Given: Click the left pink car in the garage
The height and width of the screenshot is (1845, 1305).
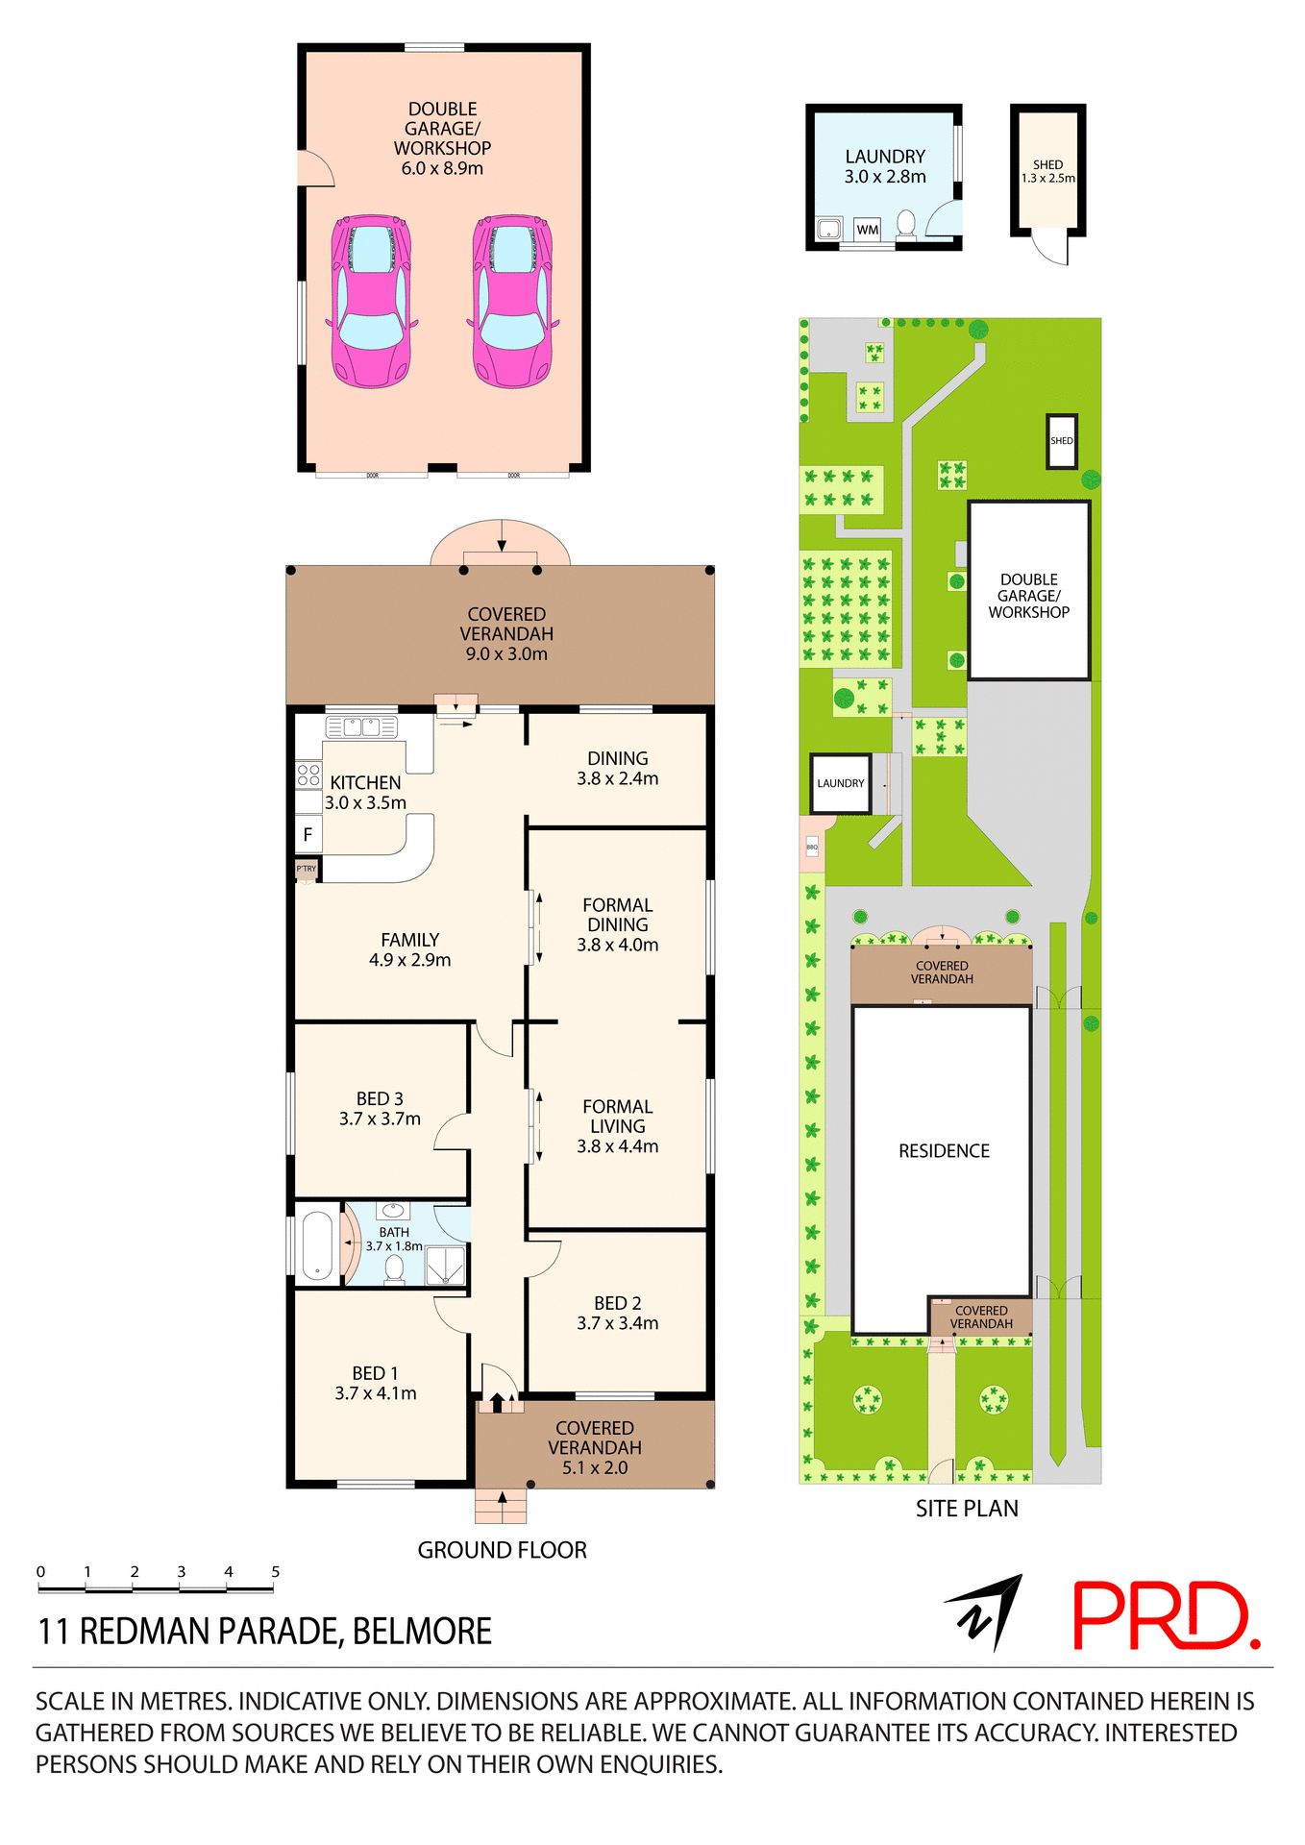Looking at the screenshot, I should [x=371, y=301].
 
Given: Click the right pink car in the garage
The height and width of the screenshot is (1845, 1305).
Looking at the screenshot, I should [x=512, y=301].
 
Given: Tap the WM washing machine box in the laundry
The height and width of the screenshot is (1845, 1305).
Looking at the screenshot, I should [x=867, y=230].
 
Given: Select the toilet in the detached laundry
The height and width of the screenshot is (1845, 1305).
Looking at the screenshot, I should [x=905, y=225].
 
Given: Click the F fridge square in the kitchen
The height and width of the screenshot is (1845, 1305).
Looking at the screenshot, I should [x=308, y=835].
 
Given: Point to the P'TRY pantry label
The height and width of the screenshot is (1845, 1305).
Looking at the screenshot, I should [x=307, y=869].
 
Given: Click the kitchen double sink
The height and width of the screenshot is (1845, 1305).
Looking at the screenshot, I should [x=362, y=726].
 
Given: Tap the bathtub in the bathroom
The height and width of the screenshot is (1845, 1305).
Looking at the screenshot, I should [x=317, y=1244].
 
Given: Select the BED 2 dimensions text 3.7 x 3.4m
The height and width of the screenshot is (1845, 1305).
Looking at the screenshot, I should [x=617, y=1323].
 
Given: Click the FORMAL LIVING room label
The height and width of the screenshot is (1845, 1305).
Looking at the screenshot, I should [x=617, y=1117].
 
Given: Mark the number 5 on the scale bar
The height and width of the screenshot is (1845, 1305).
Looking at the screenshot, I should [x=275, y=1572].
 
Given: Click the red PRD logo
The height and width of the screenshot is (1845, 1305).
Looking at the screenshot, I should [x=1165, y=1616].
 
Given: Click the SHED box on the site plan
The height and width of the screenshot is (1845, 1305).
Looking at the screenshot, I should [x=1061, y=441].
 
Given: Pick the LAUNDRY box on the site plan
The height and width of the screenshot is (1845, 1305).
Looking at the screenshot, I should [x=841, y=783].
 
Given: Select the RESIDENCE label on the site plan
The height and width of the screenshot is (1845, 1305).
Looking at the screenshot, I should [x=944, y=1151].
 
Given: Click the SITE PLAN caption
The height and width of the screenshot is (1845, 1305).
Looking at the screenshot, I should [x=967, y=1509].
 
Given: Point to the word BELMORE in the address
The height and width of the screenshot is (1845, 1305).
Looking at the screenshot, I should [x=422, y=1632].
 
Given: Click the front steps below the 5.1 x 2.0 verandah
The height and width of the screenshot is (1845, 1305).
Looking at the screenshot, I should [x=501, y=1506].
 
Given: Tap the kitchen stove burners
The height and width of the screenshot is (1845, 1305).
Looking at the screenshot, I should [x=308, y=775].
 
